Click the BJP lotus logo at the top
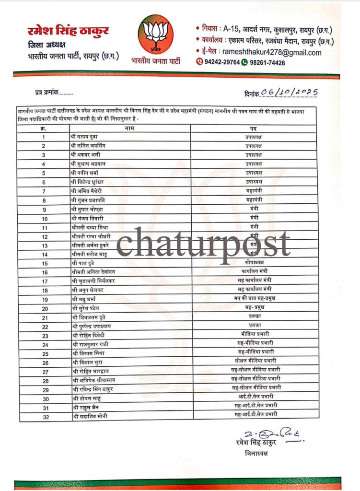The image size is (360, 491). (x=154, y=35)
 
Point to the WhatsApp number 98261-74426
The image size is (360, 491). (x=266, y=63)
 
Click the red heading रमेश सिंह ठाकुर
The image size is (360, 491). (x=68, y=32)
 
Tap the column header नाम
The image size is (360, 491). (x=129, y=128)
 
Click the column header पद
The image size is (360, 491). (x=254, y=129)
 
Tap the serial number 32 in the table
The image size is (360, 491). (x=46, y=416)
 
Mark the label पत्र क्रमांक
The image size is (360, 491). (x=47, y=92)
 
